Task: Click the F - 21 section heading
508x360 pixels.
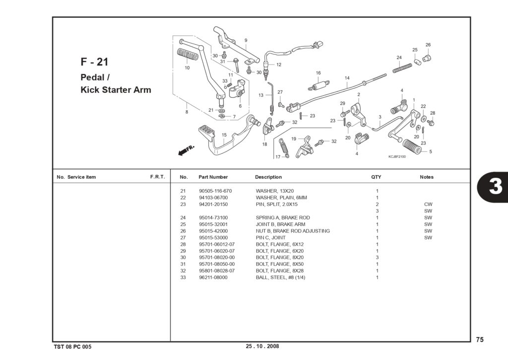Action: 94,62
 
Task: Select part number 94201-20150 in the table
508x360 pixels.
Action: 213,204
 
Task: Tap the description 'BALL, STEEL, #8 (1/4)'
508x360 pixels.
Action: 280,277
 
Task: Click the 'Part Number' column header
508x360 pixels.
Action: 213,177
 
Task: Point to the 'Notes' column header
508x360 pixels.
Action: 426,177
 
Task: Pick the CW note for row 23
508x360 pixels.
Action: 428,204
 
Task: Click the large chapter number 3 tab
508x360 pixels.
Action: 495,187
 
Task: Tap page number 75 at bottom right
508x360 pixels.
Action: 480,339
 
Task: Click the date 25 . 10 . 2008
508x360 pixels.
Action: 262,346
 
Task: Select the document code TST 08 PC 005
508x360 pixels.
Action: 72,347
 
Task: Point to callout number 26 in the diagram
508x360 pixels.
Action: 428,45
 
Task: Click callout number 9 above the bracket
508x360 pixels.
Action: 246,40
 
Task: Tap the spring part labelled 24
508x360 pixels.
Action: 402,68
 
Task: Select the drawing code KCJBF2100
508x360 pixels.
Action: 397,156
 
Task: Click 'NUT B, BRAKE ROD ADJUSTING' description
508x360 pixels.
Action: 293,231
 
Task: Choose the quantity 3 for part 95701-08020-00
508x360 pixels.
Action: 377,258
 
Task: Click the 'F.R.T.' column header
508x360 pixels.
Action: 157,177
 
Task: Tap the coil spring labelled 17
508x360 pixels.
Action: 283,147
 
